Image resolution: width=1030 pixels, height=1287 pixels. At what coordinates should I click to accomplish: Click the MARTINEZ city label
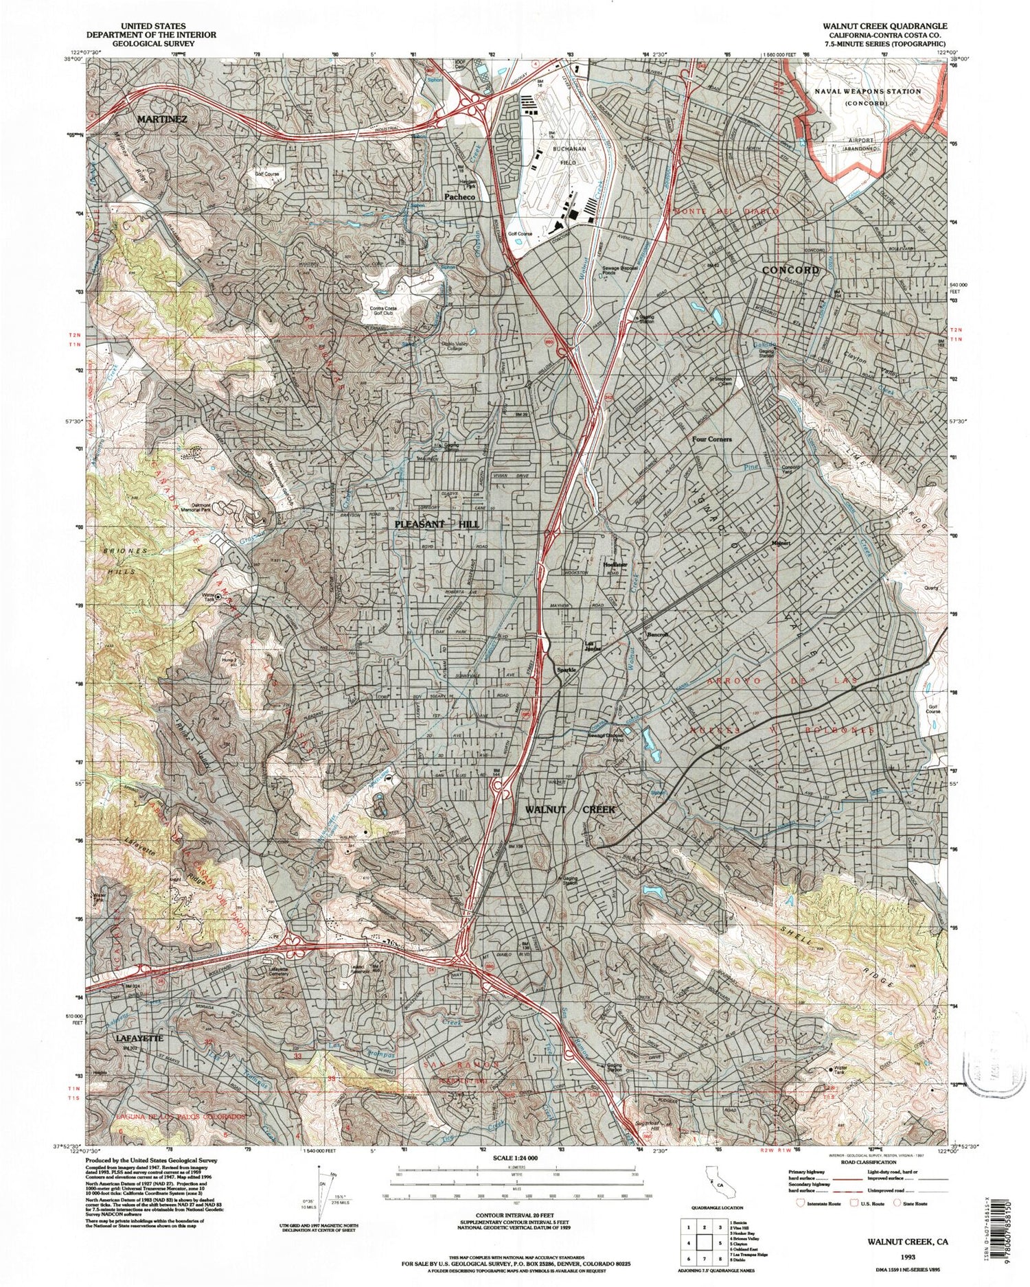pos(162,119)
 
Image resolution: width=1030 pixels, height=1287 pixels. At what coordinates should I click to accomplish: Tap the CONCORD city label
pos(790,270)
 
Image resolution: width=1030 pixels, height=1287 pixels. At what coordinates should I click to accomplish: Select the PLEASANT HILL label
pos(437,524)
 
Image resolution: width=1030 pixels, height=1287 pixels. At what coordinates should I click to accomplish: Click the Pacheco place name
pos(459,197)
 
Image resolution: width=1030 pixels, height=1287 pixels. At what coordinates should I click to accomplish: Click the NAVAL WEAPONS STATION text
pos(867,91)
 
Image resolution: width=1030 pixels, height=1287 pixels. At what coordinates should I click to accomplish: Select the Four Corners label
pos(711,439)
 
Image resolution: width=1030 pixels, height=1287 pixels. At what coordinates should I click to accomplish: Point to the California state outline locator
pos(714,1182)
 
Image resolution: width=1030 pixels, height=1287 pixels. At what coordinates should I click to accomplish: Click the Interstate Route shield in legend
pos(801,1203)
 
